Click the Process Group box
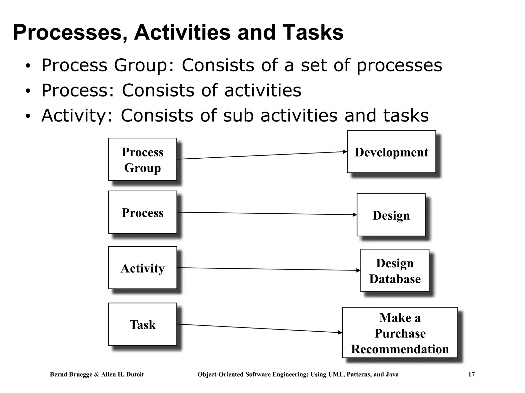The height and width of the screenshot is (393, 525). coord(143,159)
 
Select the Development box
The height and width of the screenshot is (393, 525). coord(391,152)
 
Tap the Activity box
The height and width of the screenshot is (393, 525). coord(143,268)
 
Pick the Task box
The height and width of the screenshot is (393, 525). coord(143,324)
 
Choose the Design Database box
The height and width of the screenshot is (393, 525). coord(395,270)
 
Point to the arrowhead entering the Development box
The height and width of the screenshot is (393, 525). coord(345,152)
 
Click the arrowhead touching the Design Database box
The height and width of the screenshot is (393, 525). coord(358,270)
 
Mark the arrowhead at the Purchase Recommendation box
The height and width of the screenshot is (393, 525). coord(340,332)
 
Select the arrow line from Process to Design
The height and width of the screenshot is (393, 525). coord(267,213)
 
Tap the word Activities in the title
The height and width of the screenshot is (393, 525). coord(182,32)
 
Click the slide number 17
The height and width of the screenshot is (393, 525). coord(471,375)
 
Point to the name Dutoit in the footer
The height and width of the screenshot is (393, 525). coord(134,375)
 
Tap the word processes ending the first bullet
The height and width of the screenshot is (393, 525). coord(399,65)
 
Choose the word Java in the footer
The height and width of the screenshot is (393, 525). coord(392,375)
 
